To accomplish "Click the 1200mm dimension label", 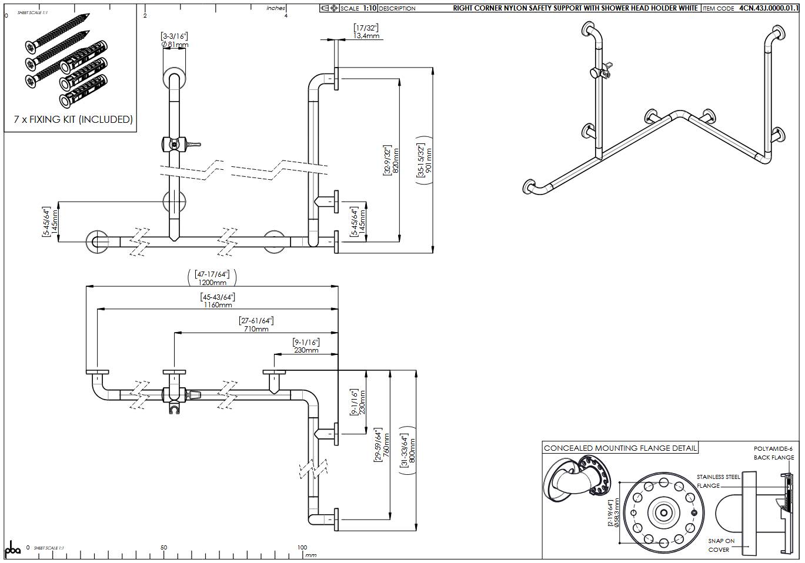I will (x=212, y=283).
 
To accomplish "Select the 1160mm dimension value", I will (x=218, y=305).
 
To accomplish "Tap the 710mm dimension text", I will (x=256, y=329).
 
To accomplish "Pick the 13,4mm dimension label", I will (x=366, y=36).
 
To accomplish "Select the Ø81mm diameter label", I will (x=175, y=45).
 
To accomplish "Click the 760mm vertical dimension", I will (x=386, y=445).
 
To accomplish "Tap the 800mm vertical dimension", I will (x=412, y=451).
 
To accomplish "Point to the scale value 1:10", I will (x=370, y=8).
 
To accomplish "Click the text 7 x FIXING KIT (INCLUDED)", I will (x=74, y=119).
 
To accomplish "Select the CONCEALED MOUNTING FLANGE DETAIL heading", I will (x=620, y=448).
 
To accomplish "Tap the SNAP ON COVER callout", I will (x=720, y=545).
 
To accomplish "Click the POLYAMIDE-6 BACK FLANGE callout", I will (x=773, y=453).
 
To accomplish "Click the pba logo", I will (x=12, y=549).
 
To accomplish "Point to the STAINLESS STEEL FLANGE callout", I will (x=717, y=481).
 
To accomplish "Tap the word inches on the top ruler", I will (x=275, y=8).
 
